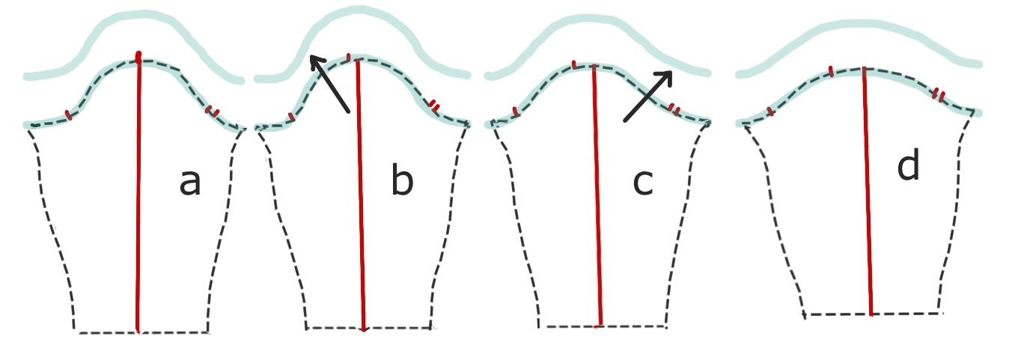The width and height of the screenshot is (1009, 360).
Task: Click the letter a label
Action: (190, 183)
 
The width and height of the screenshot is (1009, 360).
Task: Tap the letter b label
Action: (402, 183)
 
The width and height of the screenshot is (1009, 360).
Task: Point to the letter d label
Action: (908, 168)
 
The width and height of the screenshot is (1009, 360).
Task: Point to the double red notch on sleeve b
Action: (434, 104)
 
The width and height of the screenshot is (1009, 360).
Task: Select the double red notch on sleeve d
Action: (938, 94)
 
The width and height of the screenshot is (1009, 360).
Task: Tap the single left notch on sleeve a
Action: (68, 115)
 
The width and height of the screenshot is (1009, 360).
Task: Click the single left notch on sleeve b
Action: (290, 117)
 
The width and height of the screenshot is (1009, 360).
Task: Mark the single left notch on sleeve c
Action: (516, 112)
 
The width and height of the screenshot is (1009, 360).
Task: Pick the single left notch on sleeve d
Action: (770, 112)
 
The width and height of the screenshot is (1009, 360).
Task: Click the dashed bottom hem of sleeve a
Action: (142, 332)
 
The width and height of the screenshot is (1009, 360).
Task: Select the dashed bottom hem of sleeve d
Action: (872, 314)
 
